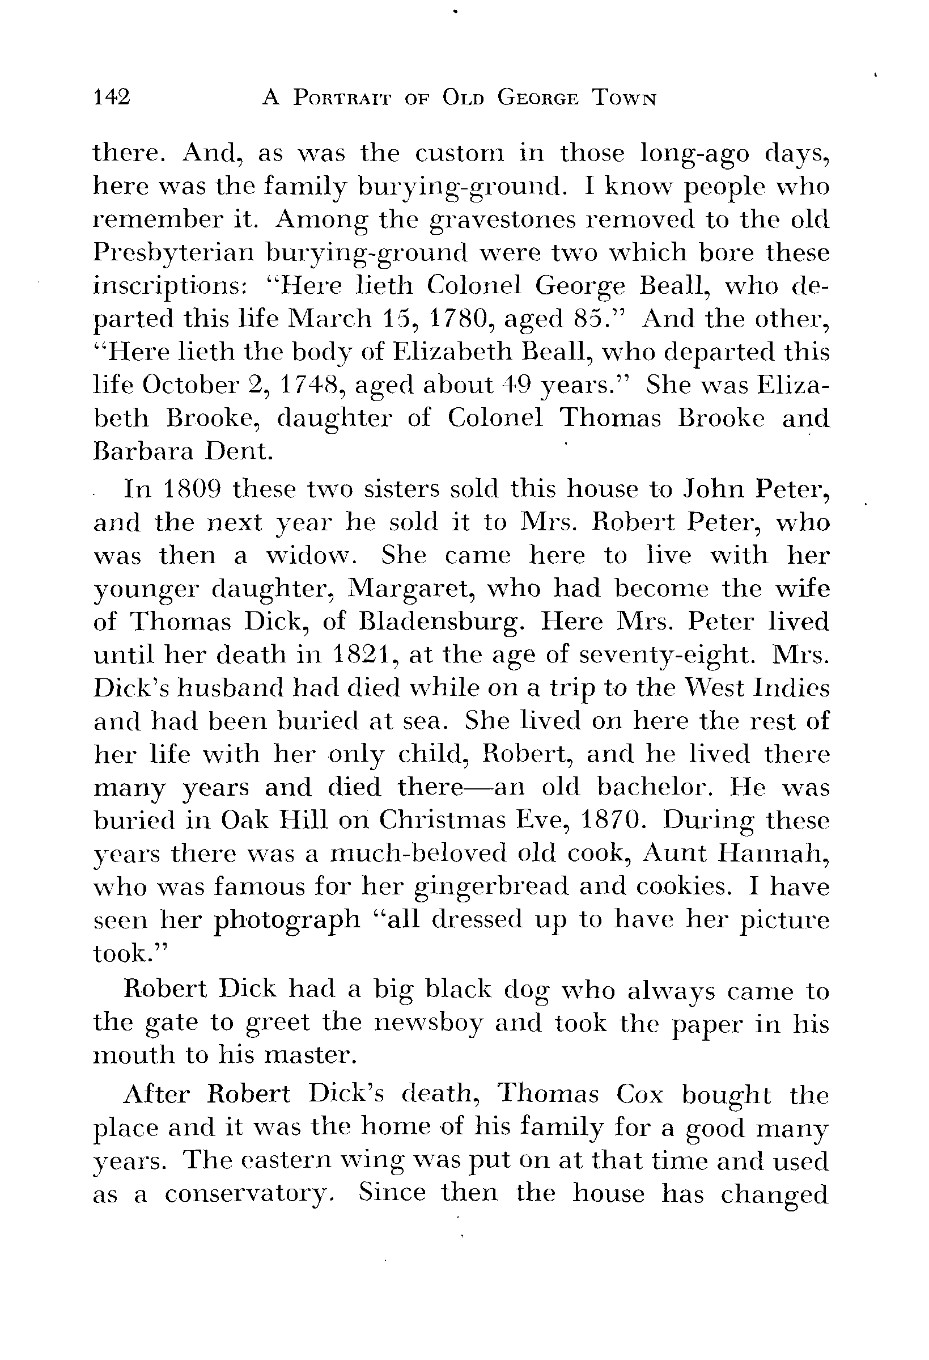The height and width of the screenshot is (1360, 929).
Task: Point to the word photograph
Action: (287, 920)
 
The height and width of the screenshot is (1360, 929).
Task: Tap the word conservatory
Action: (244, 1193)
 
